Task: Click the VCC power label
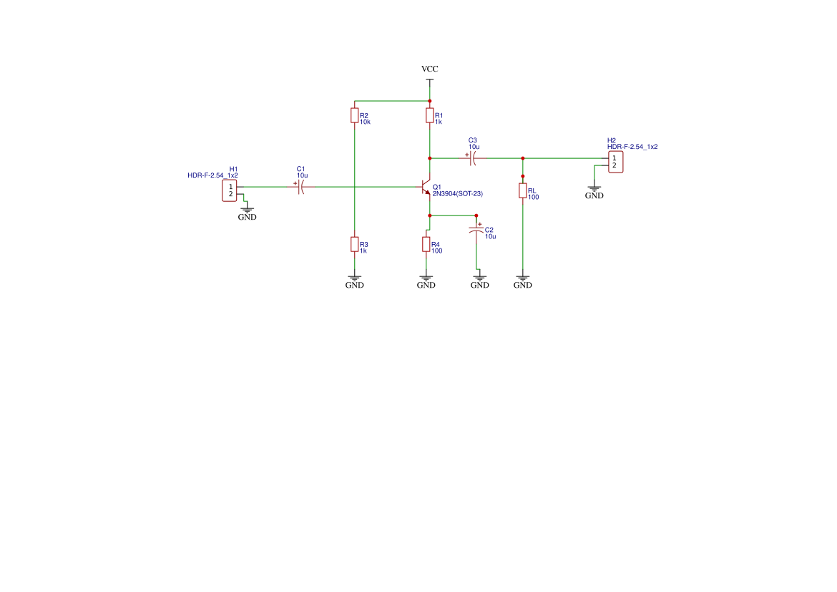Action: pyautogui.click(x=429, y=69)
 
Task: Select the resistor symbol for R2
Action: pyautogui.click(x=354, y=115)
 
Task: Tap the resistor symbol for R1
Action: pyautogui.click(x=429, y=115)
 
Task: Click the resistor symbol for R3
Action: pyautogui.click(x=354, y=244)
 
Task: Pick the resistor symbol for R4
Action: pyautogui.click(x=426, y=244)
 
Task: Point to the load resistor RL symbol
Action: pyautogui.click(x=523, y=191)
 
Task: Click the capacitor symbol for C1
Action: pyautogui.click(x=300, y=187)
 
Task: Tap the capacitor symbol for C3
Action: pyautogui.click(x=472, y=158)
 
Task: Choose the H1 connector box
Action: pyautogui.click(x=230, y=190)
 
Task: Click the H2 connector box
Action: pyautogui.click(x=614, y=162)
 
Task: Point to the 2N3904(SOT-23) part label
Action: pyautogui.click(x=458, y=194)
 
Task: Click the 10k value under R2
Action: pyautogui.click(x=365, y=122)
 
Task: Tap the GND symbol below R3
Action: pyautogui.click(x=354, y=280)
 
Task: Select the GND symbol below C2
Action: pyautogui.click(x=479, y=280)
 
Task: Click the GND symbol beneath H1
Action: pyautogui.click(x=247, y=212)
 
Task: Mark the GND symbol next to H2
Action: pyautogui.click(x=594, y=190)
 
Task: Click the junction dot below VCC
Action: pyautogui.click(x=429, y=101)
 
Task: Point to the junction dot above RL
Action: pyautogui.click(x=523, y=175)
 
